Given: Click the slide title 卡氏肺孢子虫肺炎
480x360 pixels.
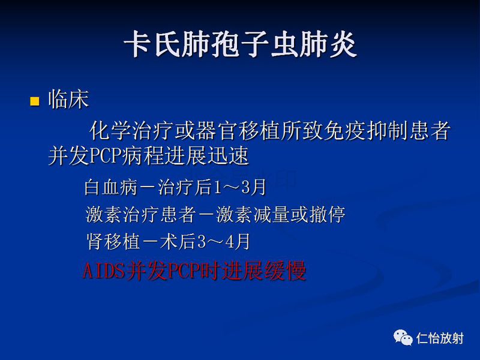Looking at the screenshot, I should pos(240,45).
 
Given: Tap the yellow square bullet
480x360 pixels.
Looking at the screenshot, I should pos(34,101).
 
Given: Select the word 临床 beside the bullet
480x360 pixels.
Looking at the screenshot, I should pos(68,100).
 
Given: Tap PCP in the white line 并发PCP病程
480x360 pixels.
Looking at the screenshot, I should pos(106,157).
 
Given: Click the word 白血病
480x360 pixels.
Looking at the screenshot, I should pos(104,188).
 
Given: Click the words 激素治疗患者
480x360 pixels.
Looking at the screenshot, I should pos(133,214).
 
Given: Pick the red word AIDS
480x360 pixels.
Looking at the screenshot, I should pos(101,272).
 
